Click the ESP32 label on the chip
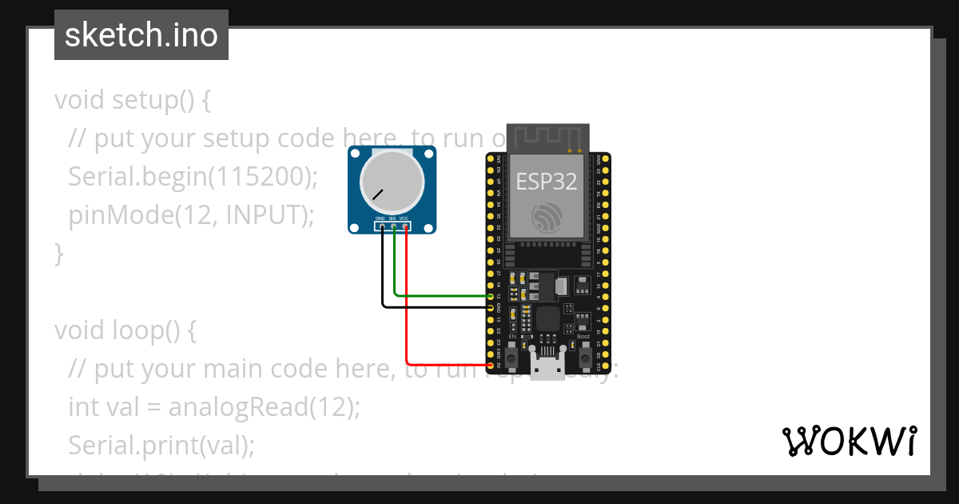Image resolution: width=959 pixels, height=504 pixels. point(546,182)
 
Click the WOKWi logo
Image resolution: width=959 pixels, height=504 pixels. point(848,441)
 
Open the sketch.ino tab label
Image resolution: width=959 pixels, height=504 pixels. point(141,35)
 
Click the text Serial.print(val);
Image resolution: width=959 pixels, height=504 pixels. point(161,445)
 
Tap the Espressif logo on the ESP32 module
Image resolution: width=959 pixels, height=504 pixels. point(546,218)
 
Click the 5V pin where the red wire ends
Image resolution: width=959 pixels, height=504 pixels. point(491,366)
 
